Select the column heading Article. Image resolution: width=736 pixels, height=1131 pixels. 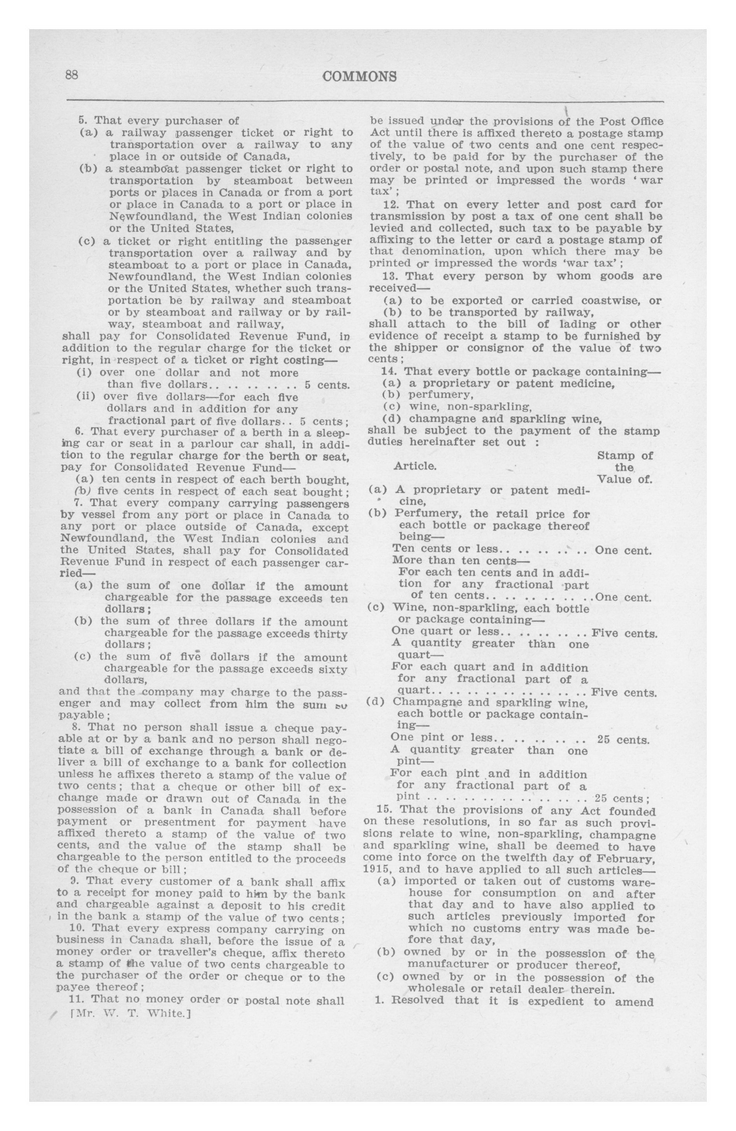tap(415, 466)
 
